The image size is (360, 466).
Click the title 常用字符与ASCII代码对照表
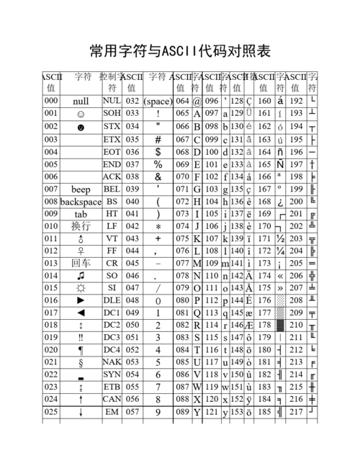[x=180, y=51]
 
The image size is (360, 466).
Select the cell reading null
[x=81, y=102]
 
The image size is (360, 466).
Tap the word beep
[x=81, y=189]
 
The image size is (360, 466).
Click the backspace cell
[x=81, y=202]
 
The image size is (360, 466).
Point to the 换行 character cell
[x=81, y=226]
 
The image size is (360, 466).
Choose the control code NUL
[x=112, y=101]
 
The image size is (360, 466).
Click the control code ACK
[x=112, y=176]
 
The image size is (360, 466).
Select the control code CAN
[x=112, y=398]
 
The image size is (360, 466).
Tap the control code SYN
[x=112, y=375]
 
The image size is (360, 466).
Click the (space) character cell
[x=158, y=102]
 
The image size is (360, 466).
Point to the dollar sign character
[x=158, y=152]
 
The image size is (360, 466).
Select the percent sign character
[x=158, y=165]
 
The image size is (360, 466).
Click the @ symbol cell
[x=197, y=102]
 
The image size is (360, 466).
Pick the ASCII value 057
[x=132, y=411]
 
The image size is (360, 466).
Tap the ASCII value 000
[x=50, y=101]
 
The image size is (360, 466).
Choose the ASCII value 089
[x=182, y=411]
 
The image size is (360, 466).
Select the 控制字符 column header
[x=112, y=81]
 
